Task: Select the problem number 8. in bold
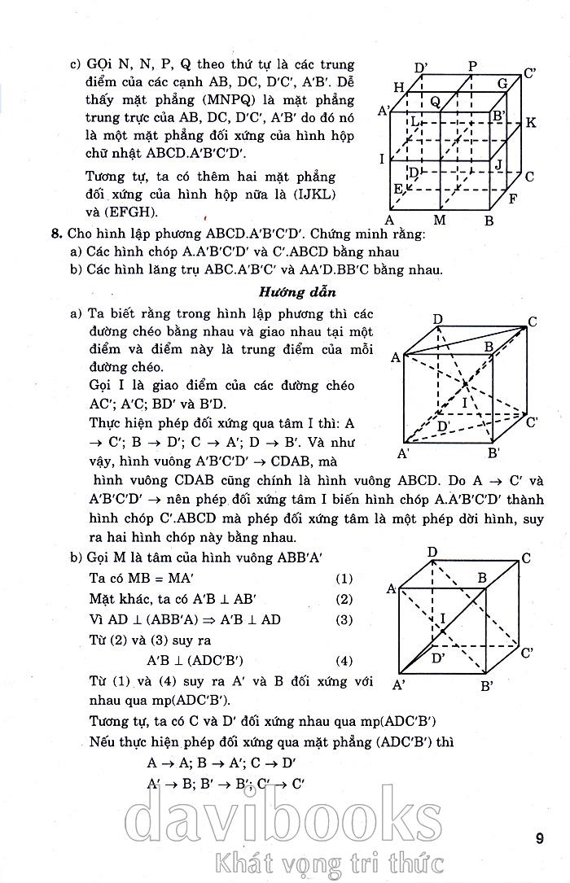click(x=56, y=234)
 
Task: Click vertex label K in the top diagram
click(x=531, y=123)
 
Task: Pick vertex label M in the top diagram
click(x=440, y=220)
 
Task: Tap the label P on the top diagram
click(x=473, y=66)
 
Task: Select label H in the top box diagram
click(x=399, y=87)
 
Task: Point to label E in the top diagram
click(x=398, y=190)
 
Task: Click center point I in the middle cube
click(x=465, y=402)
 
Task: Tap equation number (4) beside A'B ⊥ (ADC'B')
click(x=344, y=660)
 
